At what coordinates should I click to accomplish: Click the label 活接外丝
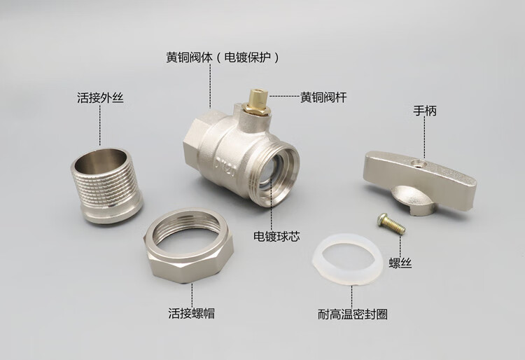(100, 98)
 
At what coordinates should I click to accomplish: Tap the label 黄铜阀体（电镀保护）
(223, 57)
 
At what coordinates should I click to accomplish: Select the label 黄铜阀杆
(323, 97)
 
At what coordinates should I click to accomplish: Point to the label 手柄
(425, 111)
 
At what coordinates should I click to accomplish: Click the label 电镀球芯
(276, 237)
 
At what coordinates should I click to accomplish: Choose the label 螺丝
(400, 263)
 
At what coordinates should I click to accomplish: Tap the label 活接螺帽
(192, 313)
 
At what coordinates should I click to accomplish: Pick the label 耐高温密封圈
(353, 314)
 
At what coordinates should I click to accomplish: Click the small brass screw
(391, 223)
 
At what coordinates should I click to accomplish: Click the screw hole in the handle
(417, 164)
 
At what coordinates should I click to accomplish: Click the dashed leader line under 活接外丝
(100, 125)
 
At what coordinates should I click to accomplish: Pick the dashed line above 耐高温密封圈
(351, 296)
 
